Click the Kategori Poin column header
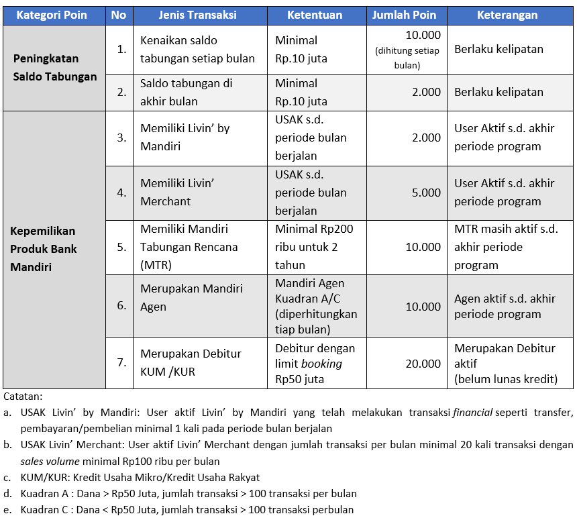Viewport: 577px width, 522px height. (52, 15)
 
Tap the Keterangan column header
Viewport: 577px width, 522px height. (507, 15)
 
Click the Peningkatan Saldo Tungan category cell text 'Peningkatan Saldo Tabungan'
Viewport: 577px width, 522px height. (55, 68)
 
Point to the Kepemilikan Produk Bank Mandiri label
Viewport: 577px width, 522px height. (44, 249)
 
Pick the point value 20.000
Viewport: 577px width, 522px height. (423, 363)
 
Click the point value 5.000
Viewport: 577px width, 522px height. (427, 193)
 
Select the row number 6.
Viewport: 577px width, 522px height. (121, 305)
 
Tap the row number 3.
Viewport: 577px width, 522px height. (121, 138)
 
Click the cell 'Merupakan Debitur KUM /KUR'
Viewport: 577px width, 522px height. (191, 362)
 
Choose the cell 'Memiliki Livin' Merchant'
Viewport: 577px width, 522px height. (177, 192)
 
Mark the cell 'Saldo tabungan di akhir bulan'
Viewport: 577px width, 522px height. (187, 93)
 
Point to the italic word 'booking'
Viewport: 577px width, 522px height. (321, 364)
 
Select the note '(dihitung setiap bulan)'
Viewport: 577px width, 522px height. (407, 58)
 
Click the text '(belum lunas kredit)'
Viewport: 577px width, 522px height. (506, 379)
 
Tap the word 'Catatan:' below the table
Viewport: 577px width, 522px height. (23, 397)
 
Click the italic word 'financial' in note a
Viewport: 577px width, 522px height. (472, 412)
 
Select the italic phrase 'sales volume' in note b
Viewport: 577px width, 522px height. (50, 461)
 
